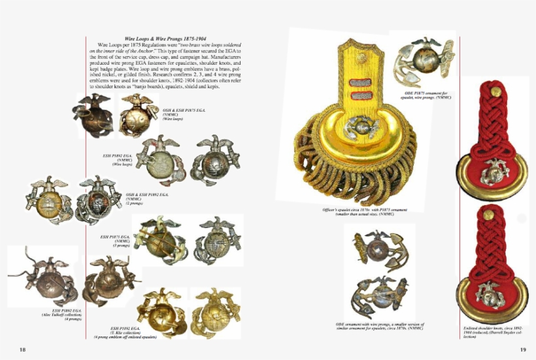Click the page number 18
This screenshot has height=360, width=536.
(23, 350)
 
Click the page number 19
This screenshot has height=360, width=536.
(523, 350)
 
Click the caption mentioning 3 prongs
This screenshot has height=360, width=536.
(116, 240)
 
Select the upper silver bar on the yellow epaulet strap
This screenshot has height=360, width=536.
(359, 80)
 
